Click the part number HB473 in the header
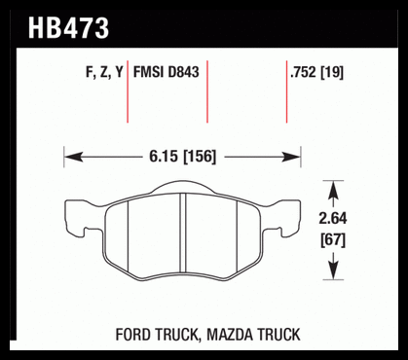[68, 28]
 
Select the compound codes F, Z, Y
[104, 72]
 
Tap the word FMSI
[149, 72]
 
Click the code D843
[183, 72]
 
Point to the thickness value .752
[303, 72]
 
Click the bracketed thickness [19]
[332, 72]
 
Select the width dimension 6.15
[164, 157]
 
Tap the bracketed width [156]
[200, 157]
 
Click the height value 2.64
[333, 218]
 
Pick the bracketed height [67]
[333, 240]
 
